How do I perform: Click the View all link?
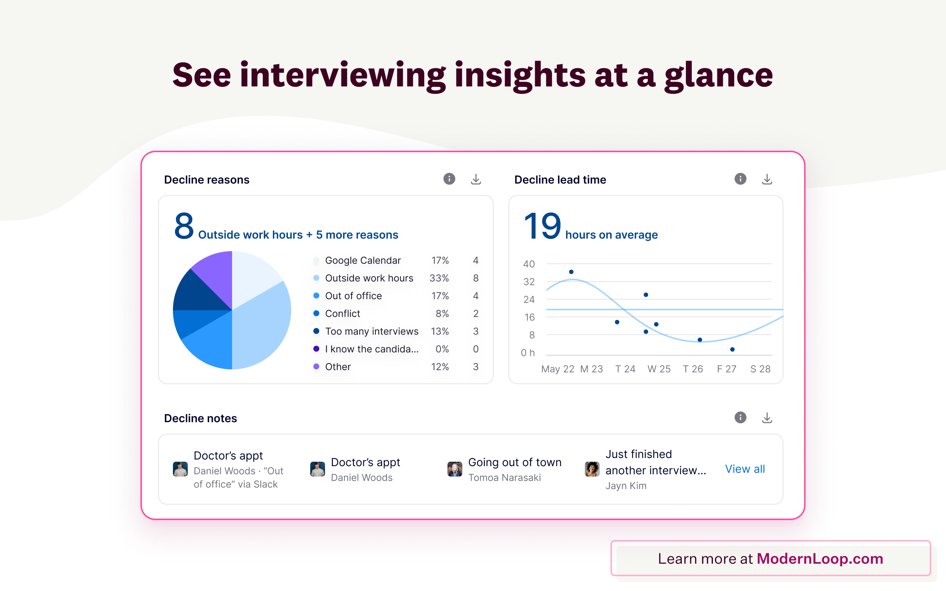click(x=745, y=469)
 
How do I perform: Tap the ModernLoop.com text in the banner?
click(x=820, y=558)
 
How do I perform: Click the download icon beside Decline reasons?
click(x=476, y=180)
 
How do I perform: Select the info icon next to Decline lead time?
click(x=740, y=179)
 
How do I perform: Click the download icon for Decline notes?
click(x=767, y=418)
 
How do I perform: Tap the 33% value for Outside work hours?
click(x=439, y=278)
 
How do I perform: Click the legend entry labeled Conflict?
click(x=343, y=314)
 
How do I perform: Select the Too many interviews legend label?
click(x=371, y=331)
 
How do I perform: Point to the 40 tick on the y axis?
click(x=528, y=264)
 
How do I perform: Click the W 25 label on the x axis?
click(x=659, y=369)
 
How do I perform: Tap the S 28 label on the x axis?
click(x=760, y=369)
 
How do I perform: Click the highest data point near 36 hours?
click(x=571, y=271)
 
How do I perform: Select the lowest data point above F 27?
click(x=732, y=349)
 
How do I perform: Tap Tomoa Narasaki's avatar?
click(x=455, y=469)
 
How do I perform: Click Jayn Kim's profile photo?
click(x=592, y=469)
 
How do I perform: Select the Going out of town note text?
click(x=514, y=462)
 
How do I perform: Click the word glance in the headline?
click(x=718, y=76)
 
